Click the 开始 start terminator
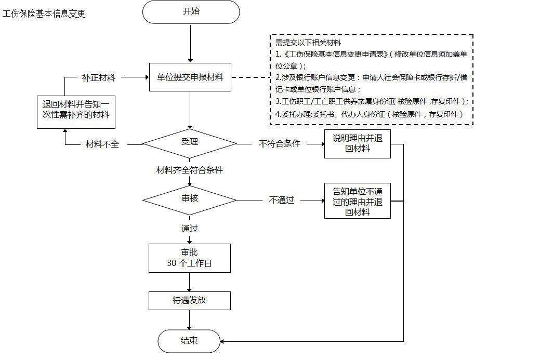point(191,12)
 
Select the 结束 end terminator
point(189,341)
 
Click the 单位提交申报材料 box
point(190,77)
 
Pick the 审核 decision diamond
point(190,199)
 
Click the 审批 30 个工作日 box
point(190,258)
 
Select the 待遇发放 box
point(190,301)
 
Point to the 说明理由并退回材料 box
point(357,143)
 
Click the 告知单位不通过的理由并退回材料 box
point(357,201)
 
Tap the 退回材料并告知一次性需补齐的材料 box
point(76,111)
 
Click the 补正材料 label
point(99,77)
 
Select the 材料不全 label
point(102,144)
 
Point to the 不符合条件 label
point(280,144)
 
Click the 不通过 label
point(282,200)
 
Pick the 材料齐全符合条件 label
point(190,170)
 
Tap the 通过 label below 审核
point(190,228)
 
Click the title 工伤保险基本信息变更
point(44,14)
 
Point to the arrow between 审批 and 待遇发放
point(190,282)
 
